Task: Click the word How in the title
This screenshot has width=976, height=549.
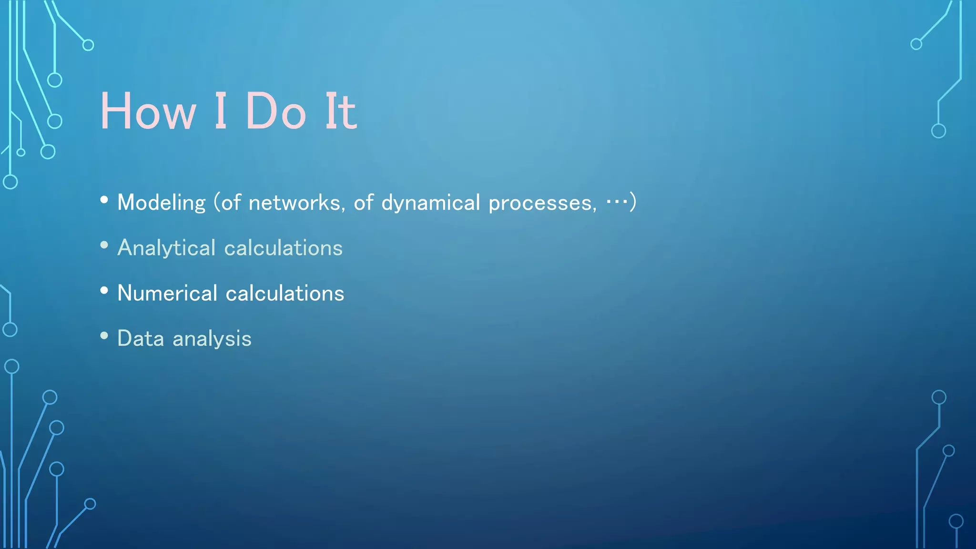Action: pyautogui.click(x=148, y=112)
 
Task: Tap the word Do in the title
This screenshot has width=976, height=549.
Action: pyautogui.click(x=275, y=112)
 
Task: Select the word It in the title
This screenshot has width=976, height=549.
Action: pyautogui.click(x=340, y=112)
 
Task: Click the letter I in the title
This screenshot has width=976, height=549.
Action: pyautogui.click(x=221, y=112)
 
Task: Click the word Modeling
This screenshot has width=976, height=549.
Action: pyautogui.click(x=161, y=203)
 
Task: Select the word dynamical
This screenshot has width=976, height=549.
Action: pyautogui.click(x=430, y=203)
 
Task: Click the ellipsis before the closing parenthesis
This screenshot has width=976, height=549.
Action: pyautogui.click(x=617, y=202)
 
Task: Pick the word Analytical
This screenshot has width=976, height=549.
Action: pyautogui.click(x=166, y=248)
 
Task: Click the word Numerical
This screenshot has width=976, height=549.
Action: pyautogui.click(x=167, y=293)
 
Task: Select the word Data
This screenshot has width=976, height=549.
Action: pyautogui.click(x=141, y=338)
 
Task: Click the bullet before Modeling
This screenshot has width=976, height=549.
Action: pyautogui.click(x=104, y=200)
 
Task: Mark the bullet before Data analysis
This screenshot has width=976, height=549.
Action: pyautogui.click(x=104, y=335)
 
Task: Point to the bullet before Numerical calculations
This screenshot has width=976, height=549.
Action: pyautogui.click(x=104, y=290)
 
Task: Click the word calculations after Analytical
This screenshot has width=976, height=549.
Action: pyautogui.click(x=283, y=248)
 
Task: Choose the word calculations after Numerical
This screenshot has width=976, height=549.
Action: pyautogui.click(x=285, y=293)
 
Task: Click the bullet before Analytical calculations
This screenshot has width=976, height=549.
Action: pyautogui.click(x=104, y=245)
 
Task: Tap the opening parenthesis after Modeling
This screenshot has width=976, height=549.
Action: pyautogui.click(x=217, y=203)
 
